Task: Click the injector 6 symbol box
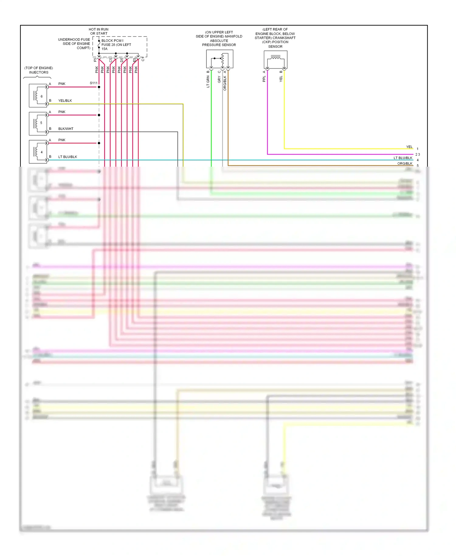(38, 96)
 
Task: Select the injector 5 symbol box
(38, 123)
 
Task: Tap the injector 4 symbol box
(38, 151)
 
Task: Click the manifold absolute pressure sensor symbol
(219, 59)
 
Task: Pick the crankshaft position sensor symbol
(275, 60)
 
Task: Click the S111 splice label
(94, 83)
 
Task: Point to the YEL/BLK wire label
(65, 101)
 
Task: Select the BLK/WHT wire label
(66, 129)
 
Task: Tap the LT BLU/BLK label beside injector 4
(67, 157)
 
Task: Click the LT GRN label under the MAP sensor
(208, 82)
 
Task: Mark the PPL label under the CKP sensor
(264, 79)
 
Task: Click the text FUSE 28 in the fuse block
(108, 45)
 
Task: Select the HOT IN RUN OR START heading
(98, 31)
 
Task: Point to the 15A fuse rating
(104, 49)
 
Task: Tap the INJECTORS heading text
(39, 72)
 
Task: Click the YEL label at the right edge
(409, 147)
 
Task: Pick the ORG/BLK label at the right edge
(405, 164)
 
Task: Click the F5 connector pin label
(95, 60)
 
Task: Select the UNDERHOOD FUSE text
(74, 40)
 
